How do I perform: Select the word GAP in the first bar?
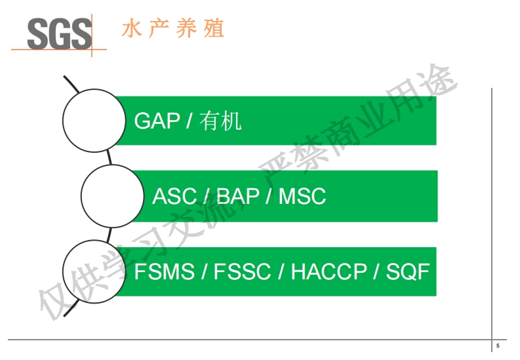157,121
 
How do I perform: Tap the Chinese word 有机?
222,121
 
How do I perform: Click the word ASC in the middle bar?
174,196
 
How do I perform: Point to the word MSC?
302,196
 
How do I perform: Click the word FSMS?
164,271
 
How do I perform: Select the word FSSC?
242,271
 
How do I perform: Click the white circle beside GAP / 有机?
94,120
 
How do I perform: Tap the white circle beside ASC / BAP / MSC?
112,195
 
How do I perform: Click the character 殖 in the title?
214,30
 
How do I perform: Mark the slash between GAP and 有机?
189,121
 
